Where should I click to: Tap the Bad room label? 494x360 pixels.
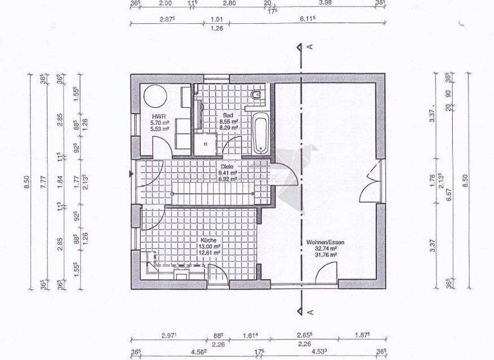[228, 116]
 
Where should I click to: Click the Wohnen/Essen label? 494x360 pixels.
[325, 242]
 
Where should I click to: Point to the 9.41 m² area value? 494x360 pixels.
[228, 172]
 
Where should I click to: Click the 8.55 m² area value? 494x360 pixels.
[228, 122]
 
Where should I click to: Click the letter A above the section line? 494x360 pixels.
[311, 47]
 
